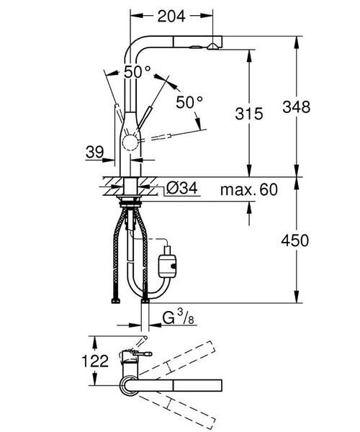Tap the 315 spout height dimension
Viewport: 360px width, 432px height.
pos(248,112)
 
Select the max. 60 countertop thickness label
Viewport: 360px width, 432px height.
pos(250,189)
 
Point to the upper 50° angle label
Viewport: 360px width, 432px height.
pos(137,72)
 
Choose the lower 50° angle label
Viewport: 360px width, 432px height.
pos(190,102)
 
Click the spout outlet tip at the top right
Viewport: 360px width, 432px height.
pos(214,45)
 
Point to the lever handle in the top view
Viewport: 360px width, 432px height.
pos(143,354)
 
